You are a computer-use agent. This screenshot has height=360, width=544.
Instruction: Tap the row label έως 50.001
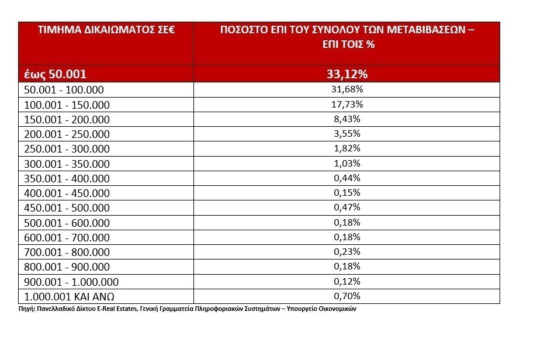click(56, 74)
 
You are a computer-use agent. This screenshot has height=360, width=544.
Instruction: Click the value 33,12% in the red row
click(347, 74)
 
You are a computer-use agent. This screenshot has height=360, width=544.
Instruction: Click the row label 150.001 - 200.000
click(67, 119)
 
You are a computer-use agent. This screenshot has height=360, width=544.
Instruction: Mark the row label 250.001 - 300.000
click(67, 149)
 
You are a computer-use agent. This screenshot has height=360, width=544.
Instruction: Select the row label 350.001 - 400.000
click(67, 179)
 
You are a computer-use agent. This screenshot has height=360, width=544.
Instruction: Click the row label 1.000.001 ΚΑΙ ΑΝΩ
click(74, 296)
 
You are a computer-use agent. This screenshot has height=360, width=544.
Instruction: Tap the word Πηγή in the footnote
click(26, 309)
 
